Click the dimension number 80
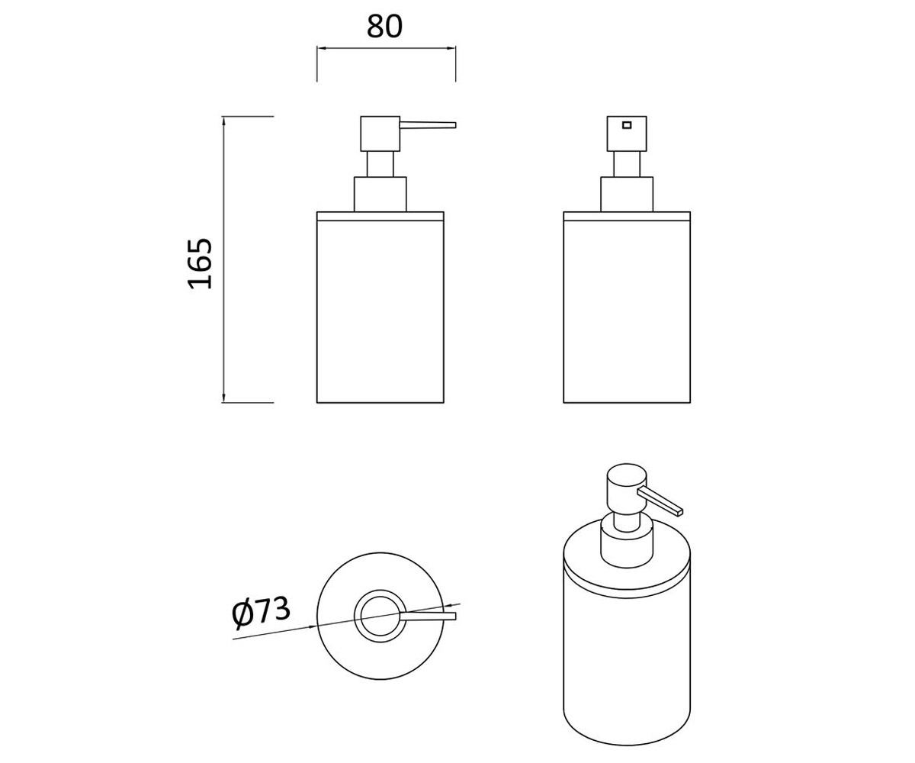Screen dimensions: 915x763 coord(384,27)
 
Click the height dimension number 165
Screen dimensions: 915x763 coord(201,263)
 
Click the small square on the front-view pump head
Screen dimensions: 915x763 coord(627,125)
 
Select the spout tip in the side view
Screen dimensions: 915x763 coord(454,125)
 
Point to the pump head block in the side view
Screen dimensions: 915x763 coord(380,134)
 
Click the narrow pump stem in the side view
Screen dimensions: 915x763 coord(380,164)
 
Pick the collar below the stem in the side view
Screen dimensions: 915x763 coord(380,195)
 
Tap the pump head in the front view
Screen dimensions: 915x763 coord(627,134)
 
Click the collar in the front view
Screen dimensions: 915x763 coord(627,195)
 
